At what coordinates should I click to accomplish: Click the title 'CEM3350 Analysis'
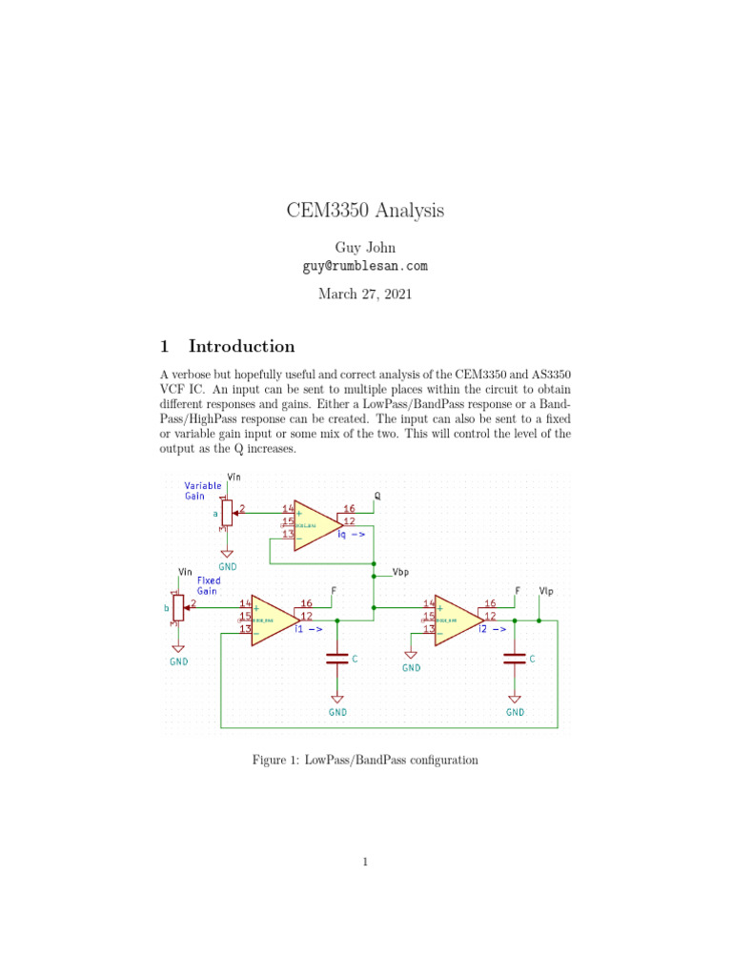(x=365, y=211)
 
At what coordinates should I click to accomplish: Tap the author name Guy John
(x=366, y=248)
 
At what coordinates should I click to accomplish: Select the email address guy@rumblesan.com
(x=366, y=266)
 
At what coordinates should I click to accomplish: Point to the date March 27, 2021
(x=366, y=295)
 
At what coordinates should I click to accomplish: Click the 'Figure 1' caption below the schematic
(x=365, y=760)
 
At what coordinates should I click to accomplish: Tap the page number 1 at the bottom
(x=365, y=863)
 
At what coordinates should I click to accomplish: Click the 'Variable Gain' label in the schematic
(x=203, y=491)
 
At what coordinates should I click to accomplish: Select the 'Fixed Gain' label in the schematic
(x=209, y=585)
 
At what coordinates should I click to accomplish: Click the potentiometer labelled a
(x=227, y=513)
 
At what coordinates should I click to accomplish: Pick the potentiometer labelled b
(x=178, y=607)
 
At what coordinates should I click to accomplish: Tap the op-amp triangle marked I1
(x=275, y=620)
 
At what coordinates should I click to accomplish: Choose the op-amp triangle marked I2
(x=458, y=620)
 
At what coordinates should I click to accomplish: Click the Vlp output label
(x=546, y=591)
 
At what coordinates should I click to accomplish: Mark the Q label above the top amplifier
(x=377, y=497)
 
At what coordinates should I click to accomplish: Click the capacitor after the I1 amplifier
(x=336, y=657)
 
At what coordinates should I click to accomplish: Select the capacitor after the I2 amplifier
(x=515, y=657)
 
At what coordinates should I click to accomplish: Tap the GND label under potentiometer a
(x=228, y=566)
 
